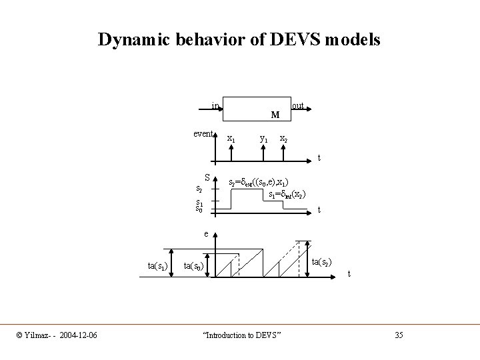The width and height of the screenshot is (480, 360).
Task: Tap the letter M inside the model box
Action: click(x=275, y=115)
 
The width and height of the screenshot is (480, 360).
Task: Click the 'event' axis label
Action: click(x=203, y=133)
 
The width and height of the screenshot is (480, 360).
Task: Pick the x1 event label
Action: click(x=231, y=139)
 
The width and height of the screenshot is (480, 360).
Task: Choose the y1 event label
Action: click(x=263, y=139)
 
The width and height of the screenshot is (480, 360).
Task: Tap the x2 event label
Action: click(x=283, y=139)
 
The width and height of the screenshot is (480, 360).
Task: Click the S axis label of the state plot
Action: click(x=208, y=178)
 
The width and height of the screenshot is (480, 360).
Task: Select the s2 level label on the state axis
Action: click(x=199, y=189)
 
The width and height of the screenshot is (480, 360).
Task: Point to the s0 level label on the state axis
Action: click(x=199, y=210)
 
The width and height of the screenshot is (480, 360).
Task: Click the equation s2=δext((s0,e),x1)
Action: click(x=259, y=182)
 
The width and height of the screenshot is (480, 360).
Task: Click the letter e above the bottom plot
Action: click(x=207, y=235)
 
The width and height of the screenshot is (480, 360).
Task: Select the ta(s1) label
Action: click(x=157, y=267)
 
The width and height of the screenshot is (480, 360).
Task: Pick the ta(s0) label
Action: click(x=194, y=267)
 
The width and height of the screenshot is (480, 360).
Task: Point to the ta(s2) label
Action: click(x=323, y=262)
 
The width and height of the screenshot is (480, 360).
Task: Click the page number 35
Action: click(x=399, y=334)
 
